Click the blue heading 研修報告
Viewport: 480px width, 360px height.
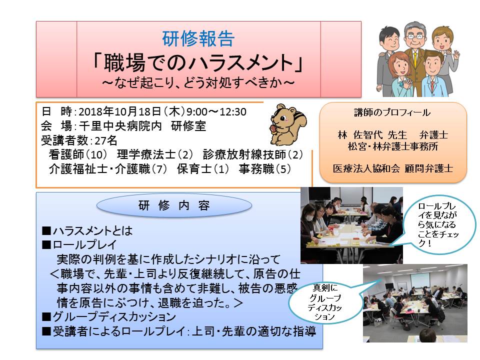point(198,39)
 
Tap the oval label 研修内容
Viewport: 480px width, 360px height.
point(174,205)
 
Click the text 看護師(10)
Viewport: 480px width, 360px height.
point(78,155)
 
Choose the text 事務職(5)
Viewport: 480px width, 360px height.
point(265,169)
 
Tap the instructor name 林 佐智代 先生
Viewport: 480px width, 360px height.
point(372,135)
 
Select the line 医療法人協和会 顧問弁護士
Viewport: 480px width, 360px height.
point(393,168)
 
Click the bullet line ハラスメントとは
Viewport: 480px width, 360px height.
point(87,231)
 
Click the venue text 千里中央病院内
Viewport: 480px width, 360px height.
point(120,126)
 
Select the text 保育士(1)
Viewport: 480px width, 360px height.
point(203,169)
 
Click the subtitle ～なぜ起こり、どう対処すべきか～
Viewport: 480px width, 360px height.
point(198,82)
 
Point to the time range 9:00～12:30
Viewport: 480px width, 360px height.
point(216,111)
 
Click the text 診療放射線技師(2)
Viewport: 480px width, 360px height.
point(253,155)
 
